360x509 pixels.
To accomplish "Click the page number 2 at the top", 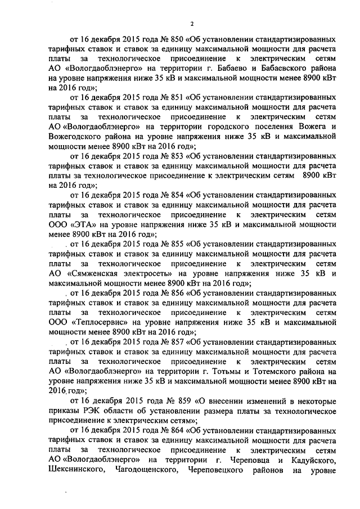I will point(191,24).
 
